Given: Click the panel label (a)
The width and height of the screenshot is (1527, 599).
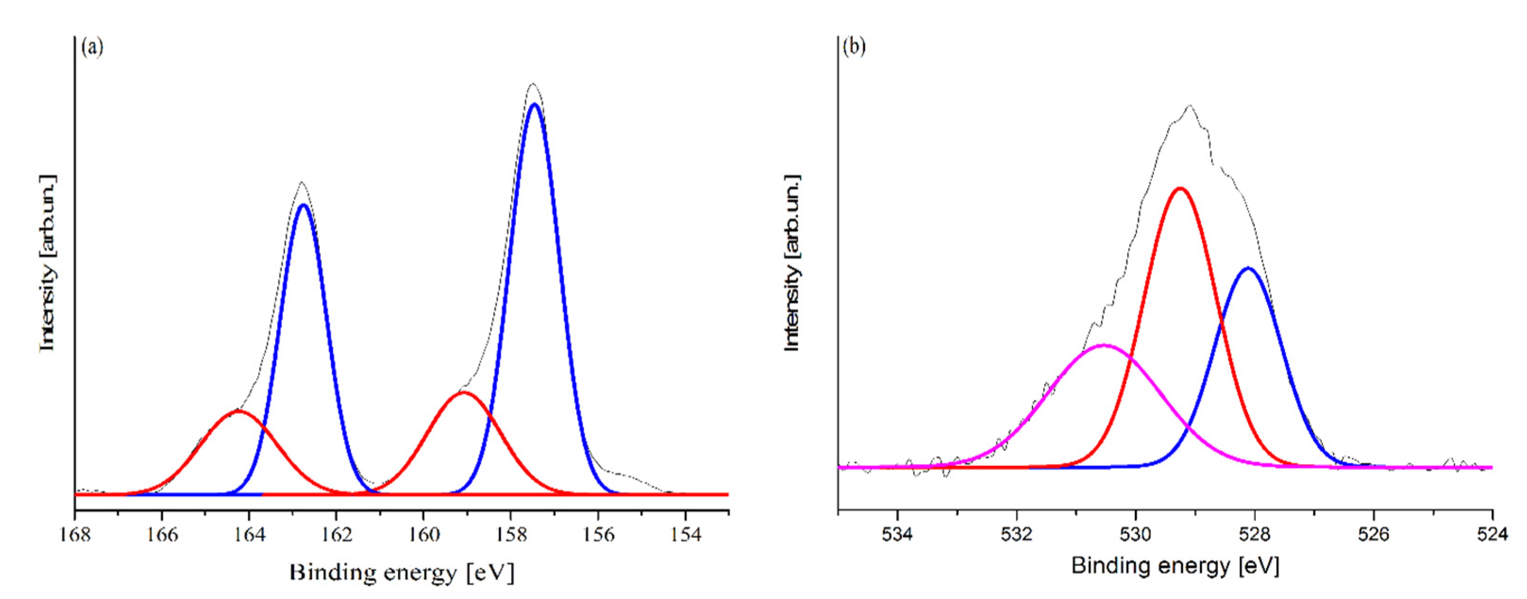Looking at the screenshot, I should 92,47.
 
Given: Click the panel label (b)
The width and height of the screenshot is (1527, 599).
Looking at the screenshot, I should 854,47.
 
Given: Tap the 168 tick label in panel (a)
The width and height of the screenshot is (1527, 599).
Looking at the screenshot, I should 75,534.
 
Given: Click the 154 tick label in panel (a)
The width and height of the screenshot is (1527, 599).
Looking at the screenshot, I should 685,534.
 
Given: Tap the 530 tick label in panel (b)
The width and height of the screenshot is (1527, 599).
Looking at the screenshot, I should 1136,534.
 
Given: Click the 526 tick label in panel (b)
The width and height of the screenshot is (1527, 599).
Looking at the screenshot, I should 1374,534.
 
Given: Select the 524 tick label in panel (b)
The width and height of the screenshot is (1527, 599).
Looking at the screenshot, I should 1493,534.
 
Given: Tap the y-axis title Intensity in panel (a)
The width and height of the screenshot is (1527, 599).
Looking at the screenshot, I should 48,263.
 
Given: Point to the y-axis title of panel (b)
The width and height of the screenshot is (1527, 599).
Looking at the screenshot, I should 792,263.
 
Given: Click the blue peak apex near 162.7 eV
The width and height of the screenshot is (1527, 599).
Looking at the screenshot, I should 303,205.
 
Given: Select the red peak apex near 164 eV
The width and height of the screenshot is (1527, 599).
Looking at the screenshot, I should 238,410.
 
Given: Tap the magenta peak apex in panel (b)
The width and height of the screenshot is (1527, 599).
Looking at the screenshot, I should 1103,345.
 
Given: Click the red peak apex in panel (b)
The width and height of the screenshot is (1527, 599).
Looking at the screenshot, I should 1180,189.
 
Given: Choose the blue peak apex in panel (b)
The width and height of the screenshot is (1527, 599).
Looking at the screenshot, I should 1248,268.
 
